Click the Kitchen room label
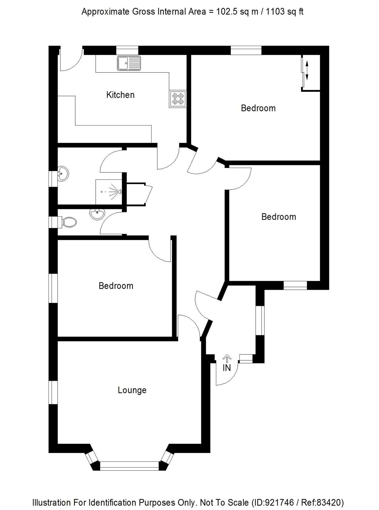click(120, 95)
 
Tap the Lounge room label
click(132, 390)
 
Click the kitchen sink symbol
click(129, 63)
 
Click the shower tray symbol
click(109, 192)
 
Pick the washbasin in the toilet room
click(97, 214)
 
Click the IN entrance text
click(227, 368)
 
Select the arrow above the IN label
click(227, 358)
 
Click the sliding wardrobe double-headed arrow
click(307, 70)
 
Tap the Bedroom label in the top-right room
click(258, 108)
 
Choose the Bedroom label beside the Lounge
click(116, 286)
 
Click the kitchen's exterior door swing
click(70, 60)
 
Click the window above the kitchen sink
click(127, 50)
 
